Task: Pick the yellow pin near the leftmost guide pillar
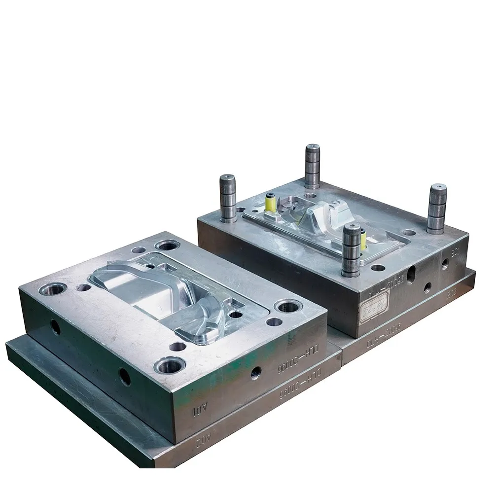click(x=270, y=203)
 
